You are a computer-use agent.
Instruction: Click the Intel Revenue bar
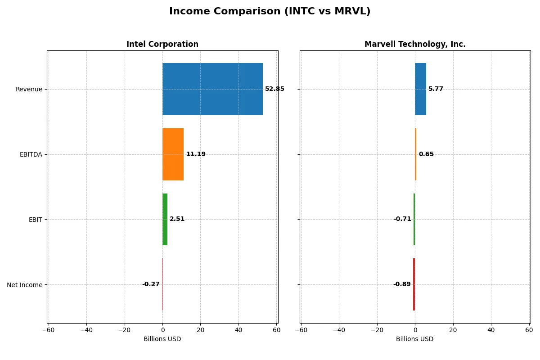(x=212, y=89)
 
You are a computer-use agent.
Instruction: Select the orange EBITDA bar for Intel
(x=173, y=154)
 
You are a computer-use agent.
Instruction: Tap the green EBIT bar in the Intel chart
(x=165, y=219)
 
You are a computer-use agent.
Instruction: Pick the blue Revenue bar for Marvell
(x=420, y=89)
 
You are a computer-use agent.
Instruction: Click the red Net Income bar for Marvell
(x=414, y=284)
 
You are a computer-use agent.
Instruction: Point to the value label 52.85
(x=274, y=89)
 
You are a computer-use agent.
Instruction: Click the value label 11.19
(x=196, y=154)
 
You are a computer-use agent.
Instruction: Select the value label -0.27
(x=151, y=284)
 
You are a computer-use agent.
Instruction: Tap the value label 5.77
(x=436, y=89)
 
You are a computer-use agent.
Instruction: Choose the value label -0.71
(x=402, y=219)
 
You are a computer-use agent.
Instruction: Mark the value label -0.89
(x=402, y=284)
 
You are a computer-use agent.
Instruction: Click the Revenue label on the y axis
(x=29, y=89)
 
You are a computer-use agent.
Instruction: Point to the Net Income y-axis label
(x=25, y=285)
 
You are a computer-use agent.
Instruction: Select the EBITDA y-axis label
(x=31, y=154)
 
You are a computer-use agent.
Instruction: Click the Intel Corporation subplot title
(x=162, y=45)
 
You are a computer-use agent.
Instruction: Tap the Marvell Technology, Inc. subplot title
(x=415, y=45)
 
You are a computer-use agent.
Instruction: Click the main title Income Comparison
(x=270, y=12)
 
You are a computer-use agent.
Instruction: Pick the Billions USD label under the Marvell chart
(x=414, y=339)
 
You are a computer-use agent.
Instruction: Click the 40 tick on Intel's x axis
(x=238, y=330)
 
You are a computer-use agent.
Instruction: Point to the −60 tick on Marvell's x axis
(x=301, y=330)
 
